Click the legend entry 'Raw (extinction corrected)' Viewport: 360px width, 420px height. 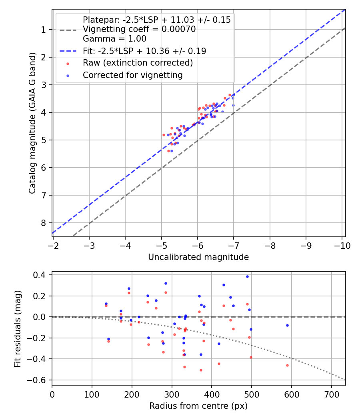138,63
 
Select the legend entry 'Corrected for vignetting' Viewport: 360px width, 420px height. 132,75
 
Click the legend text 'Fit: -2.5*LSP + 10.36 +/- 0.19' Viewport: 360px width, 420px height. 144,51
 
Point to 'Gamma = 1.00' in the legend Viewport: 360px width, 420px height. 114,39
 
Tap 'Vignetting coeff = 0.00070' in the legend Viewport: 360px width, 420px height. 139,29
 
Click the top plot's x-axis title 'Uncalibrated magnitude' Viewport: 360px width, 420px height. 198,257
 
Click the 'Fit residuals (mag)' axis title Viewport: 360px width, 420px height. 17,328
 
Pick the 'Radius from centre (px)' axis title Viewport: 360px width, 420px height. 198,406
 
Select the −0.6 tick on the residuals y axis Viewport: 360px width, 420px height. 40,380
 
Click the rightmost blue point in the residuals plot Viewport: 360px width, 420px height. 287,325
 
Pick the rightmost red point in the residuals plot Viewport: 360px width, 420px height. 287,365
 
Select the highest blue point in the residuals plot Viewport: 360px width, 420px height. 247,276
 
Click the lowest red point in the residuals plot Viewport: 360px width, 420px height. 201,370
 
